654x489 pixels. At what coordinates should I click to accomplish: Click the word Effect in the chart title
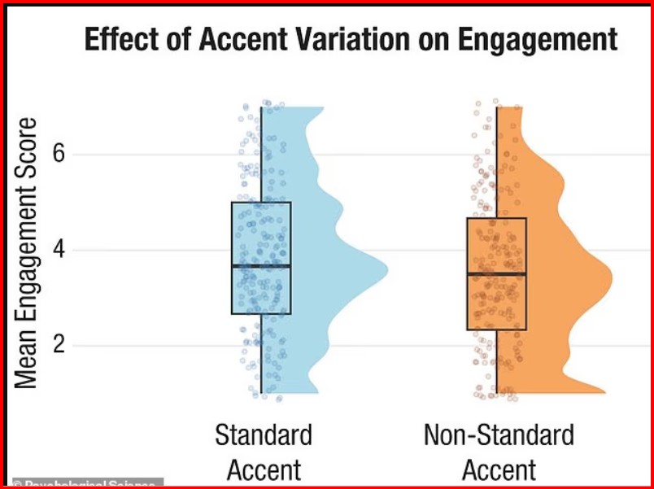(120, 39)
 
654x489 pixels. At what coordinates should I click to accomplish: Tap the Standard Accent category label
(263, 452)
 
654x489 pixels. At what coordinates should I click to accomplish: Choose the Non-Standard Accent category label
(499, 452)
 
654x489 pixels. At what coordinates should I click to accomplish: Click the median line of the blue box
(261, 266)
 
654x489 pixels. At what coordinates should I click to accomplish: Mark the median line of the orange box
(496, 274)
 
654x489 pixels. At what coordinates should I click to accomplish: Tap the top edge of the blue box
(261, 203)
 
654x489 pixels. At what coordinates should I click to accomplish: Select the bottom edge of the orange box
(496, 330)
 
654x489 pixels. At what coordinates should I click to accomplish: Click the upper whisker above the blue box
(262, 155)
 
